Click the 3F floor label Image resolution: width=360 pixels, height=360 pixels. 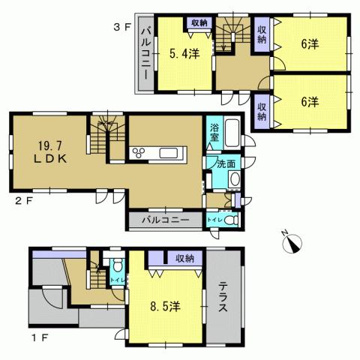122,28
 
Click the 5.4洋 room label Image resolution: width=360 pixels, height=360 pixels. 183,54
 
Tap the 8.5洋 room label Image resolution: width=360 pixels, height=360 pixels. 163,306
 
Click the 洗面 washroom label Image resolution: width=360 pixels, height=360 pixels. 226,163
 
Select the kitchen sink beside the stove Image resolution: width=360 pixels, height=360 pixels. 169,154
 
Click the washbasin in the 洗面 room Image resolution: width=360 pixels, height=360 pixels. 235,179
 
